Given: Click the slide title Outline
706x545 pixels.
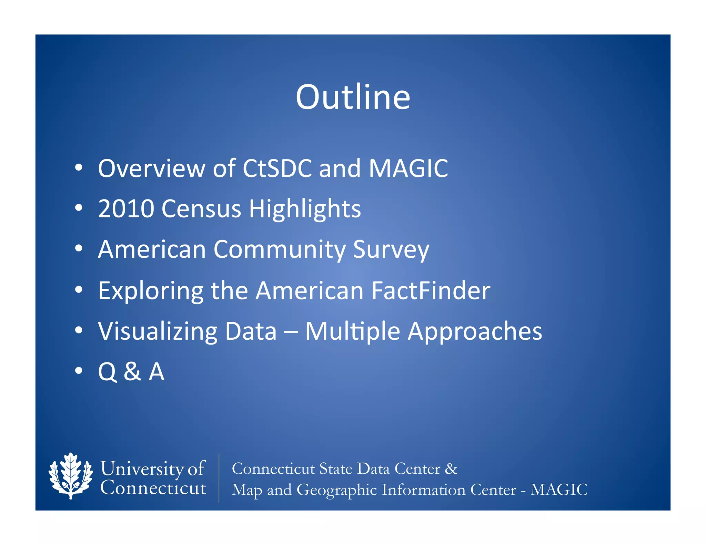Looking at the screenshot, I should point(353,97).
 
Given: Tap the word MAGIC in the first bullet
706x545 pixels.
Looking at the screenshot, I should point(408,168).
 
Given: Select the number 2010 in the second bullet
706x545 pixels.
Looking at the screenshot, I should point(126,209).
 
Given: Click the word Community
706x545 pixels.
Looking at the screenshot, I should point(279,249).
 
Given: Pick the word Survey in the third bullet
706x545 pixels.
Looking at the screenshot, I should point(391,250).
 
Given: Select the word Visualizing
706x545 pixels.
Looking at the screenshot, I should point(158,331).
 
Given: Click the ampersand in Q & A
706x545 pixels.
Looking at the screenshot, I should point(133,372).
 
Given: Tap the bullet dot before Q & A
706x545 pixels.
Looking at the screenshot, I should point(79,371).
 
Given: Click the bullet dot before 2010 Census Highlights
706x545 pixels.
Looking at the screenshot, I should point(79,208).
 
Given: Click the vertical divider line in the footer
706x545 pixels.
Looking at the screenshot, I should point(219,478).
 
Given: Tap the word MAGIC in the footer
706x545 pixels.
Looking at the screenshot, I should point(558,490).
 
